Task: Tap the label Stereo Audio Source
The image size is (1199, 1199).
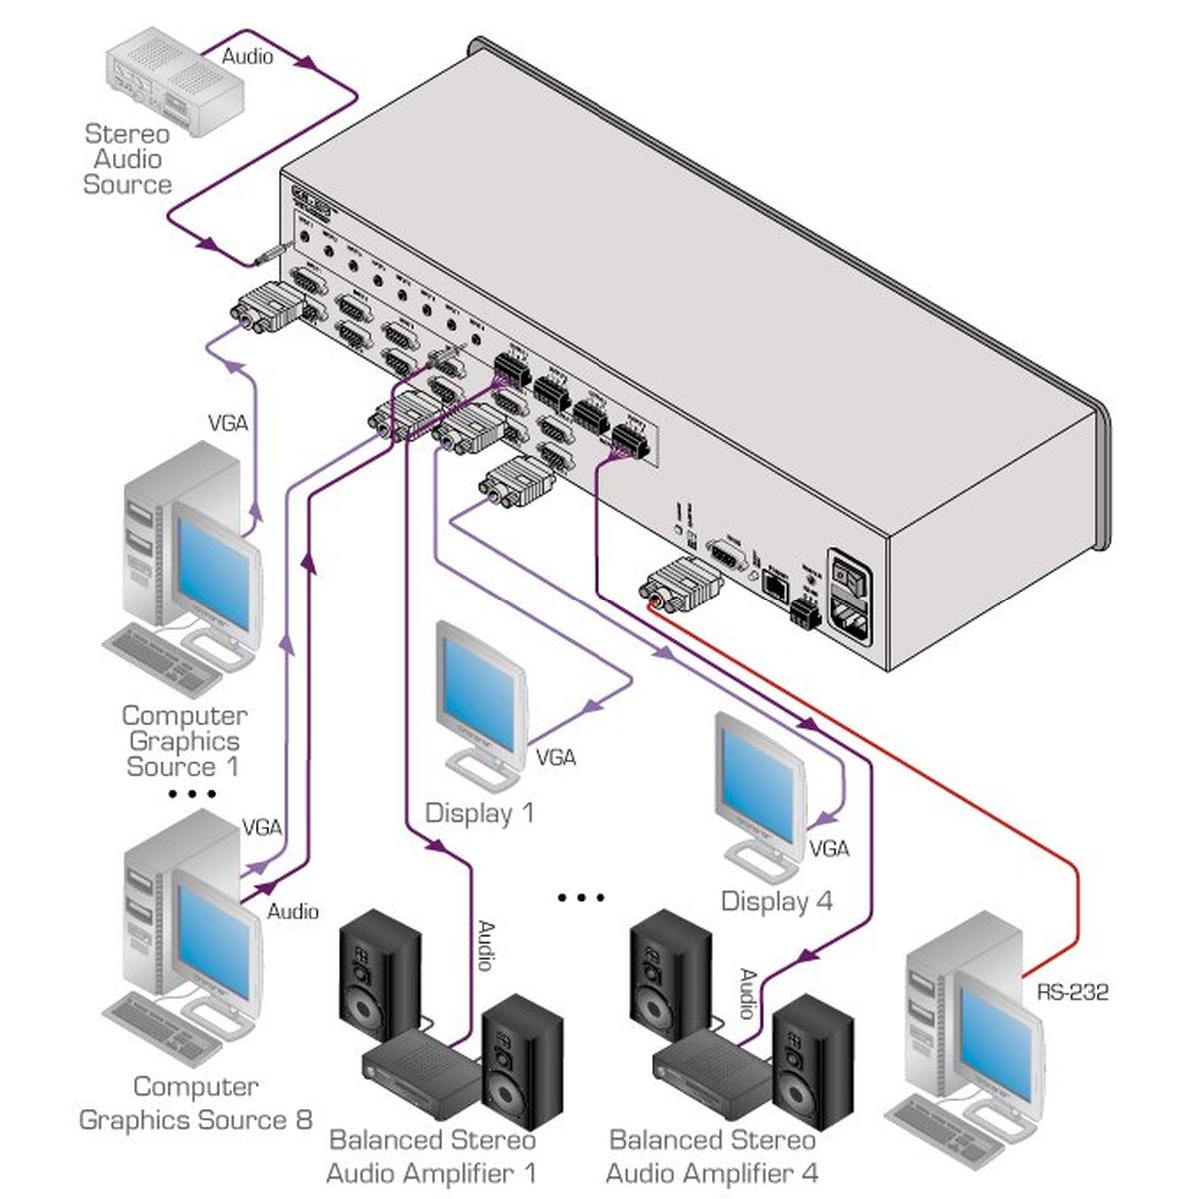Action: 127,159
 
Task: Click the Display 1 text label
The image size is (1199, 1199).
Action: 480,813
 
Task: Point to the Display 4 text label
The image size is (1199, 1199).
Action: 776,901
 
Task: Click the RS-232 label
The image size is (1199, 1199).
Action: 1072,992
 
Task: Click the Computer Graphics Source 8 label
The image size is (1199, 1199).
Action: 196,1103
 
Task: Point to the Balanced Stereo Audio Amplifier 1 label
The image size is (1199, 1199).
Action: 432,1156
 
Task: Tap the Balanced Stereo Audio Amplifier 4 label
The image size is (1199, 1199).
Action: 712,1156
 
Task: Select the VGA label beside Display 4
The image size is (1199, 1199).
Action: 829,849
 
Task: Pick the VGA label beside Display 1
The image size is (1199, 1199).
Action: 556,758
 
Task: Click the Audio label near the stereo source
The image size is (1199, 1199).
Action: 247,57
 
